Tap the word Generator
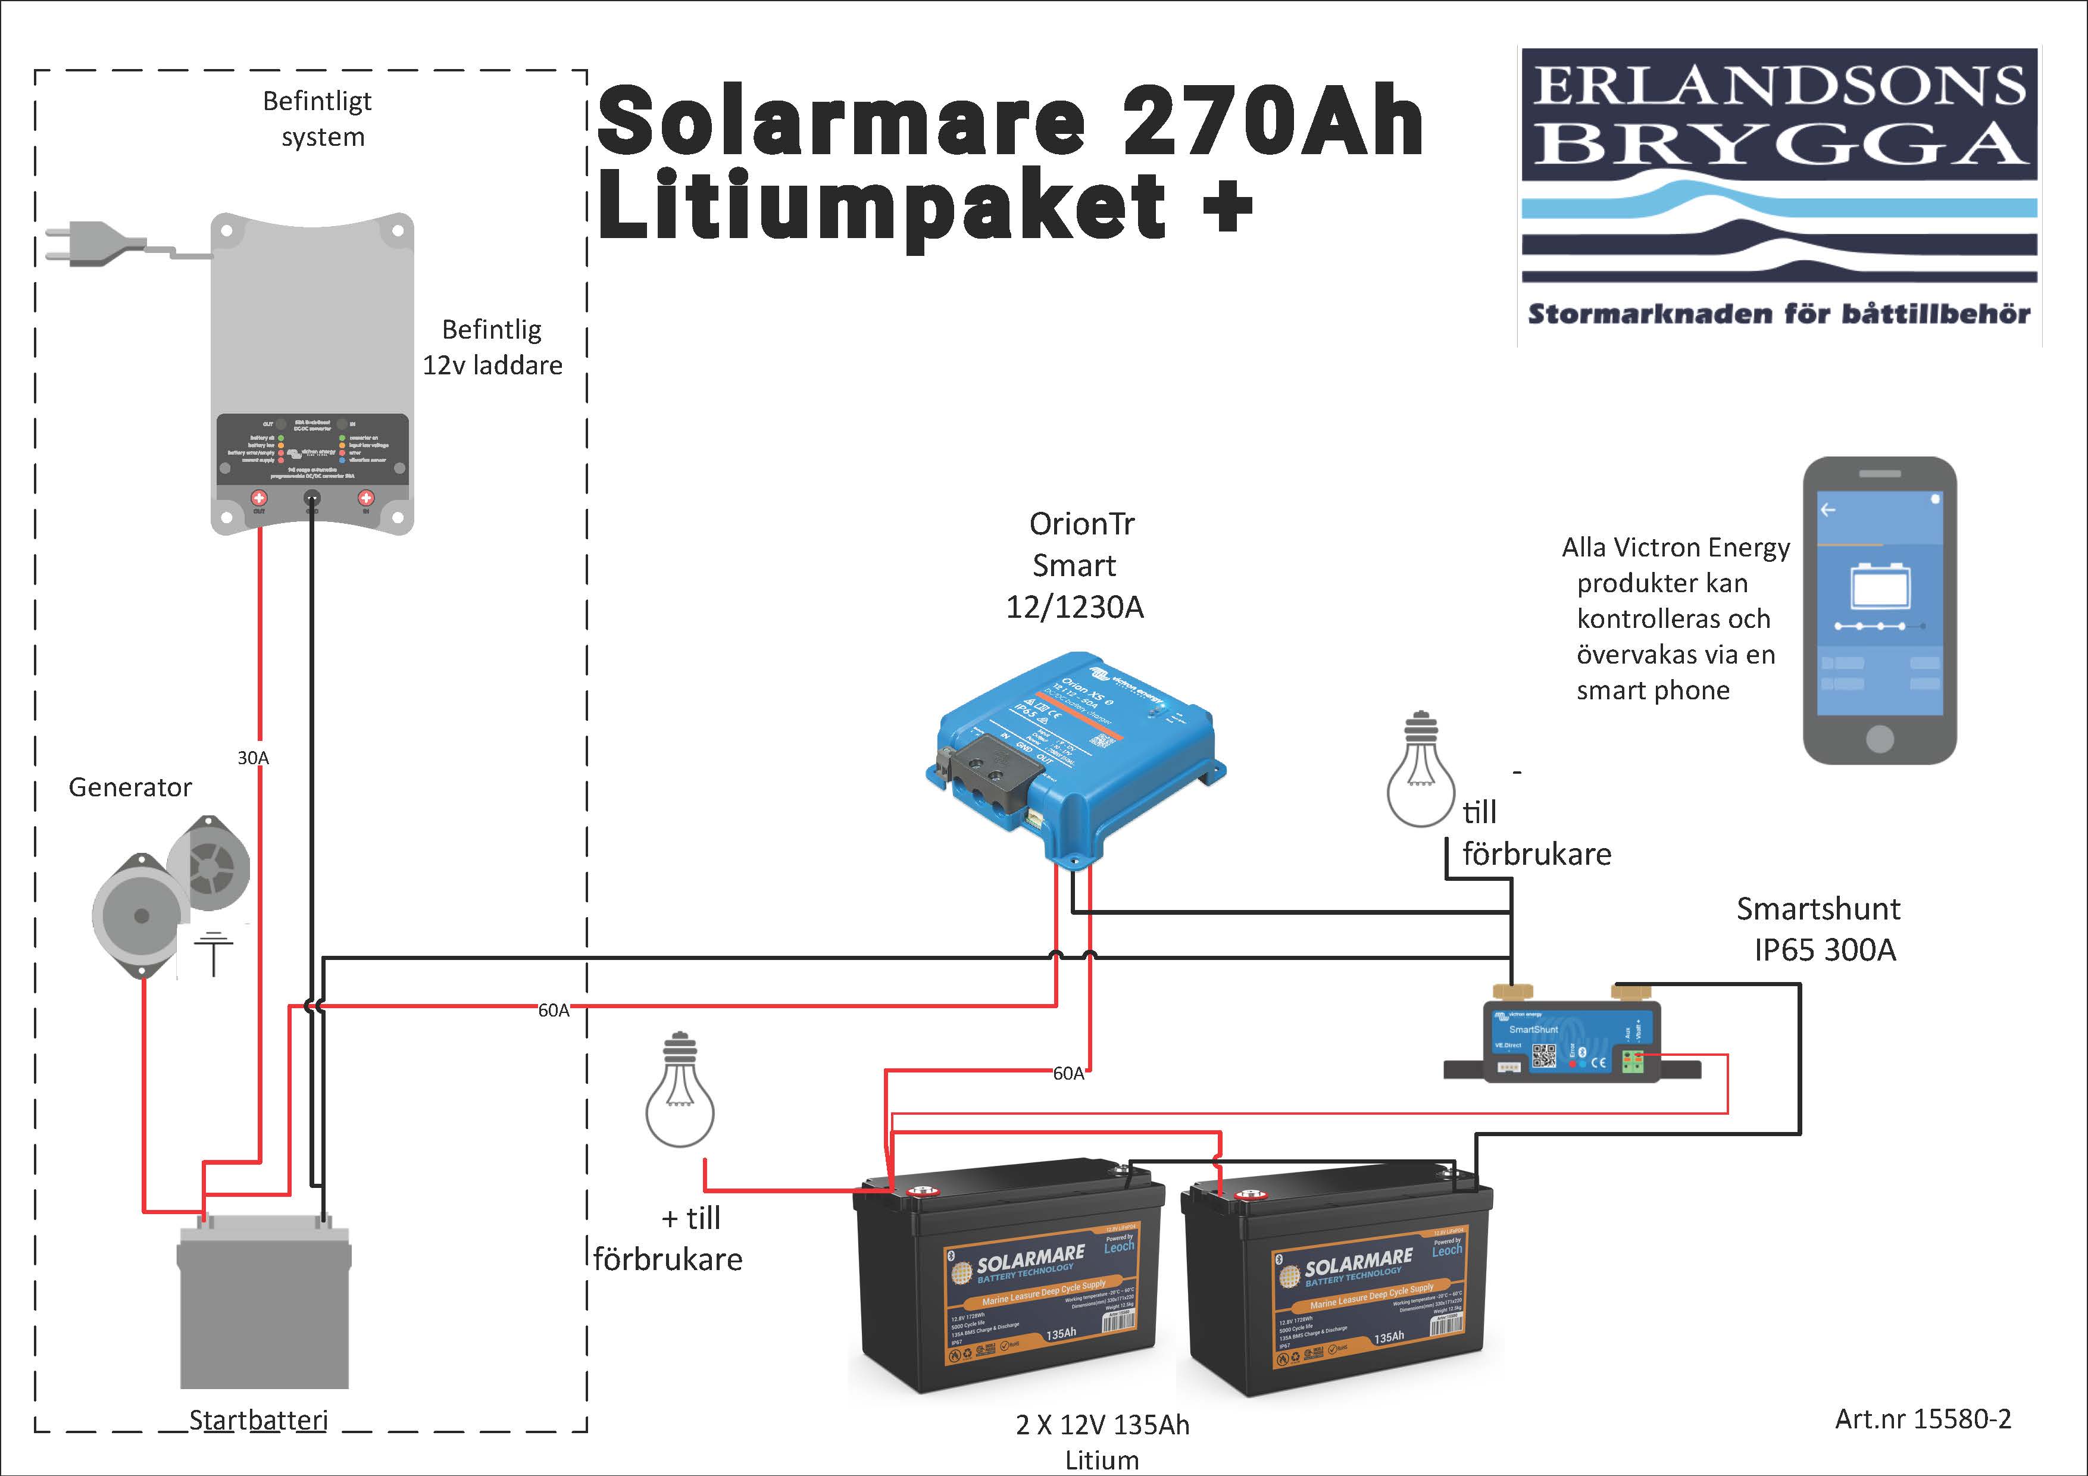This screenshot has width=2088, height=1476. click(130, 787)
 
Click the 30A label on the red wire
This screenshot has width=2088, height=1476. click(253, 758)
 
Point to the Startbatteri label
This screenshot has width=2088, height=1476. click(258, 1419)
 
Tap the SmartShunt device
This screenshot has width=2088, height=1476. click(1571, 1042)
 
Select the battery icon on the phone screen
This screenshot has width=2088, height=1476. click(1880, 587)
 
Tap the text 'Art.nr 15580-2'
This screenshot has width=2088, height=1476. click(1923, 1419)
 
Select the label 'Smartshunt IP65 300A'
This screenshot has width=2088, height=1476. click(1819, 928)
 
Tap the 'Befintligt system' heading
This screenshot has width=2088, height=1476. click(317, 118)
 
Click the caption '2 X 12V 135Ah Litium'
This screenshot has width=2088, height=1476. click(1102, 1441)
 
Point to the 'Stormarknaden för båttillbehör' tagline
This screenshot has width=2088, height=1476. click(1778, 315)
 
